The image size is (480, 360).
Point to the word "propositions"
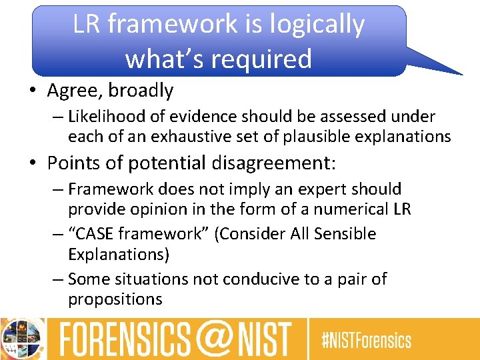pyautogui.click(x=115, y=299)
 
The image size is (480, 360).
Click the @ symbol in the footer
pyautogui.click(x=211, y=339)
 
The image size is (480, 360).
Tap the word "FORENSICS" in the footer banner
pyautogui.click(x=125, y=339)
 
